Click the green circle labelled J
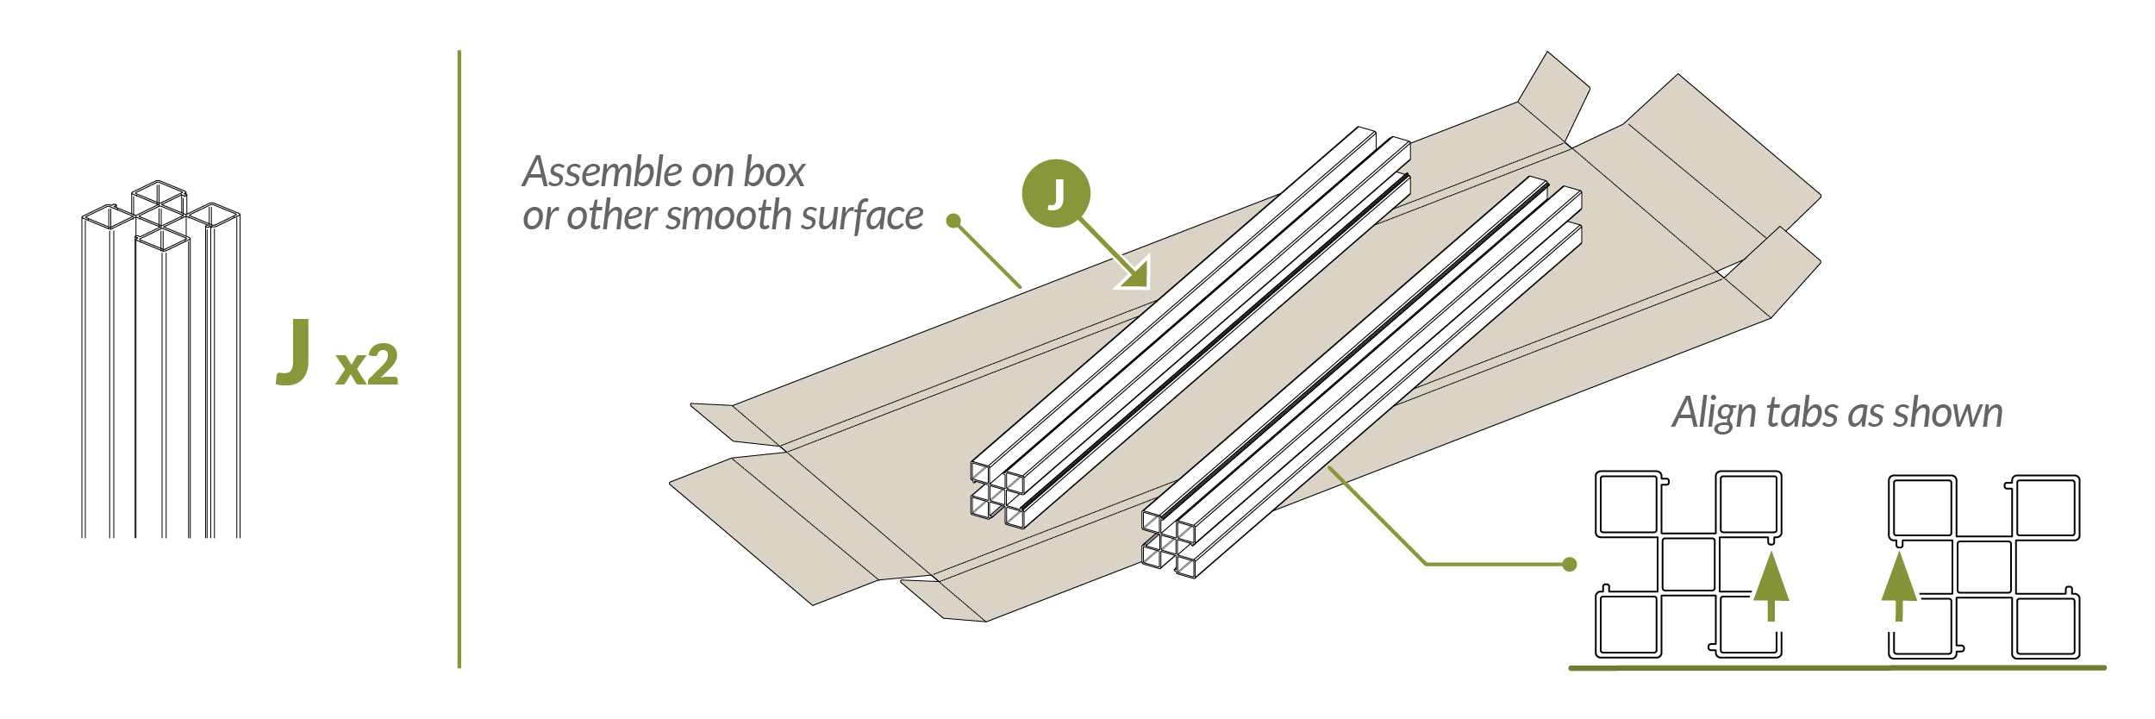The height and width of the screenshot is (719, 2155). coord(1056,193)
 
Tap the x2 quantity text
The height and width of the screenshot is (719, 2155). coord(367,366)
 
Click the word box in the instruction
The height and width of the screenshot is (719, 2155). coord(774,172)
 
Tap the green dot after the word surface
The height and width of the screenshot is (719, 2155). coord(953,221)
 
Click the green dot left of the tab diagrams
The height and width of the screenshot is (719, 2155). coord(1570,565)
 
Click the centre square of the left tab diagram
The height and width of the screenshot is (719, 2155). coord(1688,565)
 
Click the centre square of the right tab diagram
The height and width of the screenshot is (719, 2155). coord(1983,566)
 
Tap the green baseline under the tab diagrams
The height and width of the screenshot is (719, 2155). coord(1836,667)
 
